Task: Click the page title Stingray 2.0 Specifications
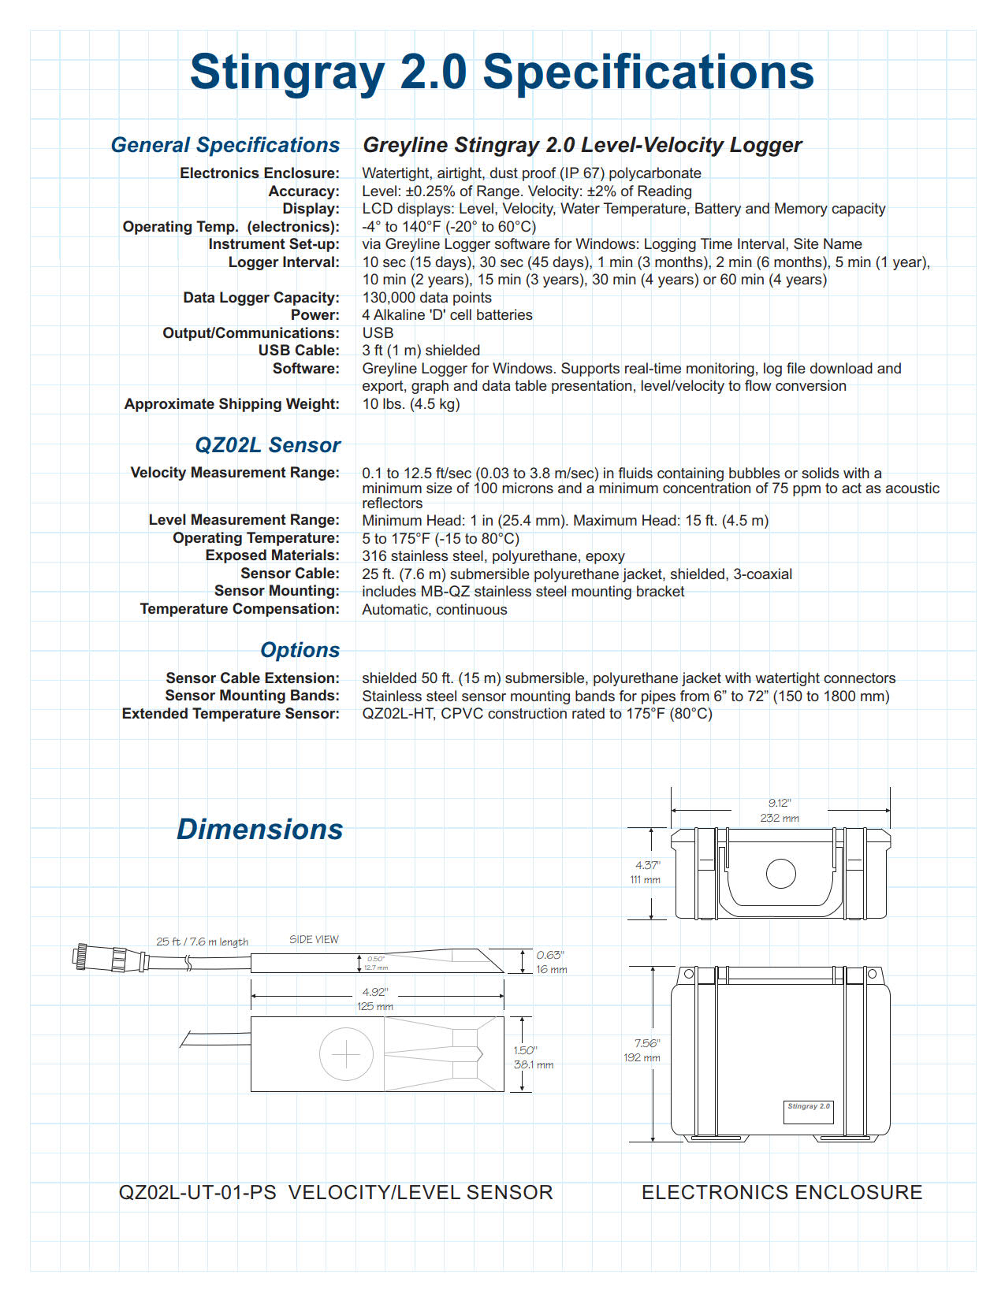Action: click(502, 72)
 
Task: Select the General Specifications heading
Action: click(225, 145)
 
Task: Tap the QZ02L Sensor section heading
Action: click(268, 445)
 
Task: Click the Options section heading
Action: click(300, 650)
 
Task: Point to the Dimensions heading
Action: click(260, 830)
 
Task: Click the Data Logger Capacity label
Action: click(262, 298)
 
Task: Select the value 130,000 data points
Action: click(426, 298)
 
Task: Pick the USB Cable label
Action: click(299, 351)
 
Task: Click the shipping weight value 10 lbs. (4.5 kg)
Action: click(411, 404)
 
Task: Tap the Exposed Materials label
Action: click(273, 555)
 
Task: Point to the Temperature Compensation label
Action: click(240, 609)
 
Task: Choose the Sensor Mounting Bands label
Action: click(252, 696)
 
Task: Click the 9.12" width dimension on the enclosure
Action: click(780, 804)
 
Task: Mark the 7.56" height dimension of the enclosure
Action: click(646, 1043)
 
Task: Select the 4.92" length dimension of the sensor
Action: click(374, 993)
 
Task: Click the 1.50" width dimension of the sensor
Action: click(525, 1050)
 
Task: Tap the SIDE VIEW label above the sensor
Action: click(314, 940)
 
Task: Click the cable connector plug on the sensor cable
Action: click(110, 958)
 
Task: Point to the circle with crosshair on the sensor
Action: click(346, 1054)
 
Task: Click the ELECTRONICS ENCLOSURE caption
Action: click(782, 1192)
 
